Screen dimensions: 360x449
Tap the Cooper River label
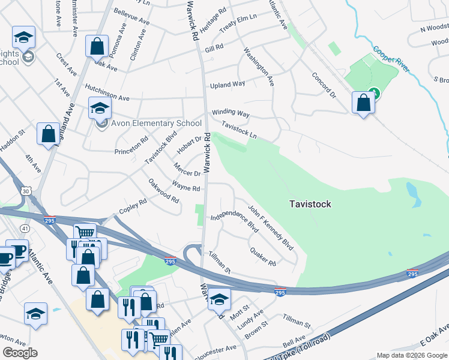click(391, 59)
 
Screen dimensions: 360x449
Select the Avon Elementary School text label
click(156, 123)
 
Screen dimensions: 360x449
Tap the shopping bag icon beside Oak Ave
click(97, 46)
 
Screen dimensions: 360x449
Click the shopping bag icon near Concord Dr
click(363, 103)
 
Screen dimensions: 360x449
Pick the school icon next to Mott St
click(220, 299)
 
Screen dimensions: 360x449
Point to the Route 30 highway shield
click(25, 190)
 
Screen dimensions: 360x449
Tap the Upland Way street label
click(227, 85)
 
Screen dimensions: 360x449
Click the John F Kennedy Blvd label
click(271, 229)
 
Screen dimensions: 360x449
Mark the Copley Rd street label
click(133, 206)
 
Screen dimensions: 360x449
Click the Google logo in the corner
click(20, 352)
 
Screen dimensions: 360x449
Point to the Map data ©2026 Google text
click(411, 355)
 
